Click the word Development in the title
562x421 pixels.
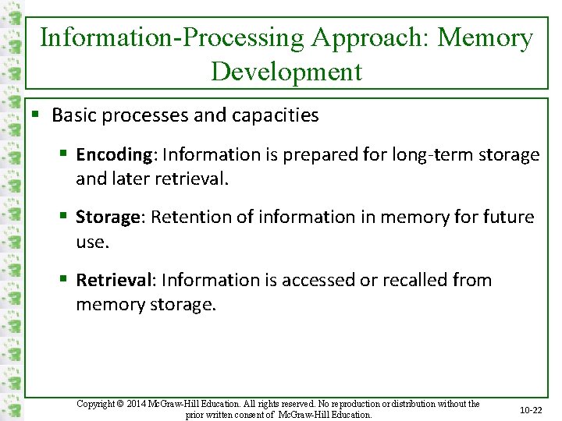pyautogui.click(x=286, y=71)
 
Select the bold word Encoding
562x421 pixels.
pyautogui.click(x=114, y=155)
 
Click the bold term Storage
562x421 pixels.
pyautogui.click(x=108, y=217)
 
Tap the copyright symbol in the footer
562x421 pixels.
pyautogui.click(x=120, y=404)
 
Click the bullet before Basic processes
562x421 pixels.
pyautogui.click(x=36, y=115)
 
